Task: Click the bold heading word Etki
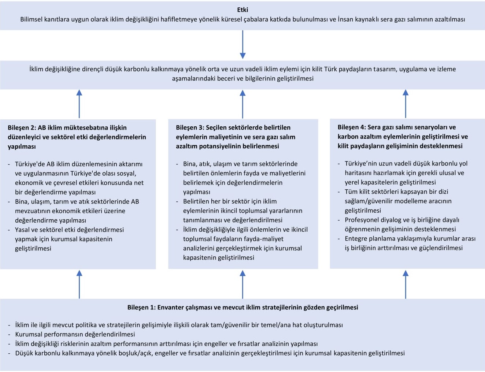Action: [242, 10]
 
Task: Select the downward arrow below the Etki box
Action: [242, 45]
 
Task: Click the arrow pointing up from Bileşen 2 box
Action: [79, 104]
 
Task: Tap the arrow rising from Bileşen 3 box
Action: [242, 104]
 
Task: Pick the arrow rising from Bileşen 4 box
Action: [406, 104]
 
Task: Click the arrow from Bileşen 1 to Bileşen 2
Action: [79, 284]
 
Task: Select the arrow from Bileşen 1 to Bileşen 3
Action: [242, 284]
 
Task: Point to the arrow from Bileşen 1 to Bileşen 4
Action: [406, 284]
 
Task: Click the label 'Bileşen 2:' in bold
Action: [22, 128]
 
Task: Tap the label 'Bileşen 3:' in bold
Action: [190, 127]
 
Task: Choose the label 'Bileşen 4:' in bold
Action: [352, 127]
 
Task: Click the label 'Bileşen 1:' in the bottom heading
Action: [141, 308]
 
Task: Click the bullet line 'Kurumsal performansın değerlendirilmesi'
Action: [75, 334]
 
